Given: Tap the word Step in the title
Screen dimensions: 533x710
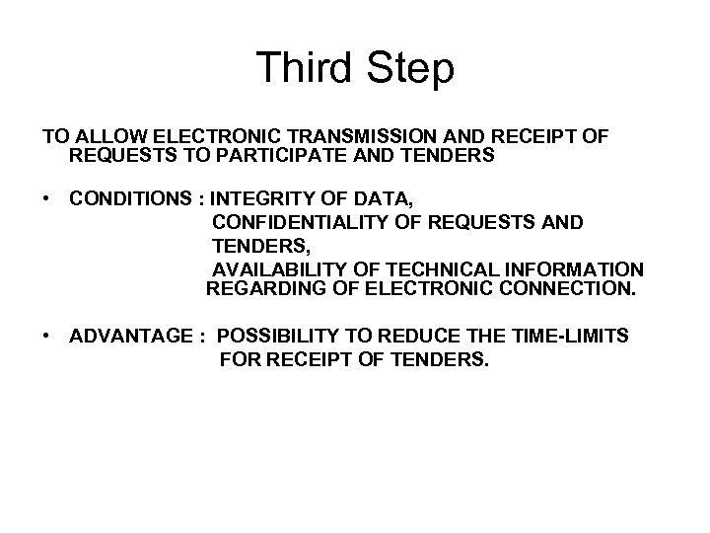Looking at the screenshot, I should [x=410, y=69].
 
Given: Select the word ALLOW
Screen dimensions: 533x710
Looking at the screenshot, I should [x=106, y=137].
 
